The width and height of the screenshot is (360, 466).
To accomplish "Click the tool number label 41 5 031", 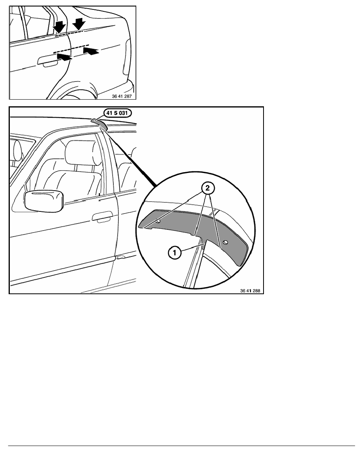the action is [x=117, y=113].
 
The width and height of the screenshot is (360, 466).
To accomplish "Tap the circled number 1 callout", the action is [x=175, y=253].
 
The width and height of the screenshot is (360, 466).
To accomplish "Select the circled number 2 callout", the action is [x=207, y=188].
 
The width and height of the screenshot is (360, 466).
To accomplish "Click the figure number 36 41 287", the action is [x=122, y=96].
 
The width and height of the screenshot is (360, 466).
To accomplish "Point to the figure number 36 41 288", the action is [x=250, y=291].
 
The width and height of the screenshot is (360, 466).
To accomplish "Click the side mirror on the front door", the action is [x=44, y=201].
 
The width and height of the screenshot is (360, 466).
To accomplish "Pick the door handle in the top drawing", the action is [x=48, y=61].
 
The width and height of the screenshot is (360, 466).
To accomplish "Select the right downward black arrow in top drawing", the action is [x=79, y=24].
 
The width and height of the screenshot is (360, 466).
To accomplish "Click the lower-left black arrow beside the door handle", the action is [x=64, y=56].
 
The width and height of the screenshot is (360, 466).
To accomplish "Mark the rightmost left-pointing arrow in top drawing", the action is [x=91, y=51].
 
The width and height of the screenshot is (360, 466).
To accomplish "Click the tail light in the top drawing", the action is [x=127, y=57].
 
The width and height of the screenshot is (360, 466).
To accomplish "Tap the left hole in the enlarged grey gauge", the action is [x=158, y=221].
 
